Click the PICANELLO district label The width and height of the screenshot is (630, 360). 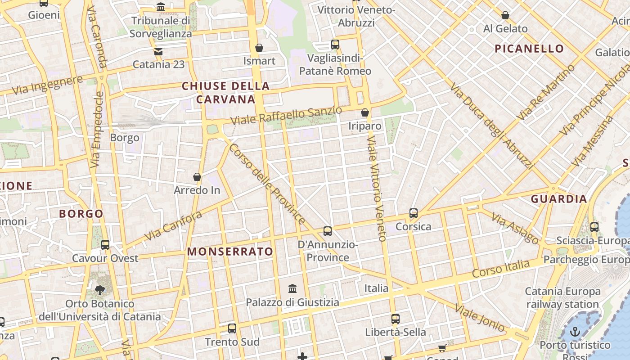(529, 49)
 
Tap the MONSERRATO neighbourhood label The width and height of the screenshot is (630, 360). (230, 252)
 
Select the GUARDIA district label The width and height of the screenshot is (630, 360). (559, 199)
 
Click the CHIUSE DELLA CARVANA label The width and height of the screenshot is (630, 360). (226, 93)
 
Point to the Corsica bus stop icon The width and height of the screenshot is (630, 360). (414, 213)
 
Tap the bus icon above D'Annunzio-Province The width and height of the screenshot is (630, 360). (328, 231)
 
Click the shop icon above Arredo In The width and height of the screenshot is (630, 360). (197, 177)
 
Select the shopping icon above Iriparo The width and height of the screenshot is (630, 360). (365, 112)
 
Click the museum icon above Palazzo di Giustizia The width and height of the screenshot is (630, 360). (292, 288)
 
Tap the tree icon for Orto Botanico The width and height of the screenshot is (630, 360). (99, 290)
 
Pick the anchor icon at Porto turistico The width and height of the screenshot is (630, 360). (575, 332)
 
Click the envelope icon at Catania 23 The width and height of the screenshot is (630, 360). (158, 51)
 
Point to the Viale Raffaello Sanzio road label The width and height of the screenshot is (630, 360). (286, 116)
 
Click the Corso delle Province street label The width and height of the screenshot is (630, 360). (267, 184)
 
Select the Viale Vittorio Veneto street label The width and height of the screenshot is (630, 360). (377, 189)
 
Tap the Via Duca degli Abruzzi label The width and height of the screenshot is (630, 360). (491, 126)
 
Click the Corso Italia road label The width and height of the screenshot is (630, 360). (500, 268)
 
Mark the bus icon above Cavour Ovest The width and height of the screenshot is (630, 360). (105, 245)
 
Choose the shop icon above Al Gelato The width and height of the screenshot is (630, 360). (505, 16)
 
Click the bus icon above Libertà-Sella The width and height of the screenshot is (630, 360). (396, 319)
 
